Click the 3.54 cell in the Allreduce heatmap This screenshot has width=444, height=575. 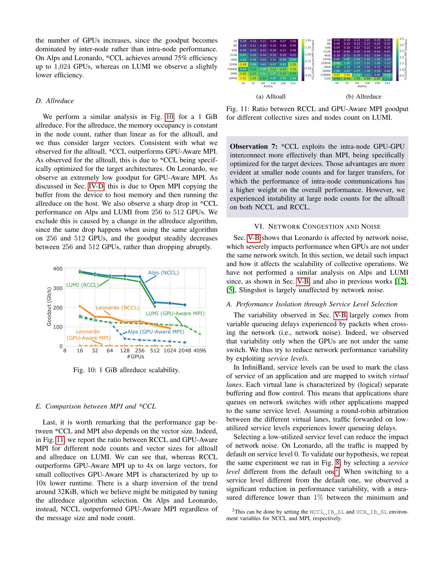tap(347, 75)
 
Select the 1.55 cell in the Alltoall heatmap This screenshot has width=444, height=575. tap(243, 78)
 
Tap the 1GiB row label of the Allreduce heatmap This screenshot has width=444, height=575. tap(327, 78)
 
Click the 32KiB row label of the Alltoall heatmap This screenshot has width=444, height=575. tap(233, 64)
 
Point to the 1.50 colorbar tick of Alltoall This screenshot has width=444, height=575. tap(308, 41)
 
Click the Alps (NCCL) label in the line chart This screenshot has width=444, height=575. tap(163, 273)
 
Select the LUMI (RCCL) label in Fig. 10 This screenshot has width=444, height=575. tap(82, 285)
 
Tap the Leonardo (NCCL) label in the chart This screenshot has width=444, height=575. tap(117, 308)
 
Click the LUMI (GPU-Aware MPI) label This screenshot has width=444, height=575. tap(175, 313)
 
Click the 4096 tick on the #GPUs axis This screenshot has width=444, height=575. tap(200, 351)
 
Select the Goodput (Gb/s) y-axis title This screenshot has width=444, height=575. tap(49, 307)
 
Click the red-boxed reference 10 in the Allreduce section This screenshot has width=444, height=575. tap(170, 117)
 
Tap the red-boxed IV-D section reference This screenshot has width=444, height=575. tap(96, 186)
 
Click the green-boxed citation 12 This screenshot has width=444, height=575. tap(401, 281)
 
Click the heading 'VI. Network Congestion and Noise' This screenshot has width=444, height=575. tap(317, 226)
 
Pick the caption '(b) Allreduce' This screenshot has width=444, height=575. tap(364, 97)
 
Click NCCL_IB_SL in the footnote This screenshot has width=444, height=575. tap(327, 512)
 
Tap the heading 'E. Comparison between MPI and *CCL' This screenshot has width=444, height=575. tap(96, 406)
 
